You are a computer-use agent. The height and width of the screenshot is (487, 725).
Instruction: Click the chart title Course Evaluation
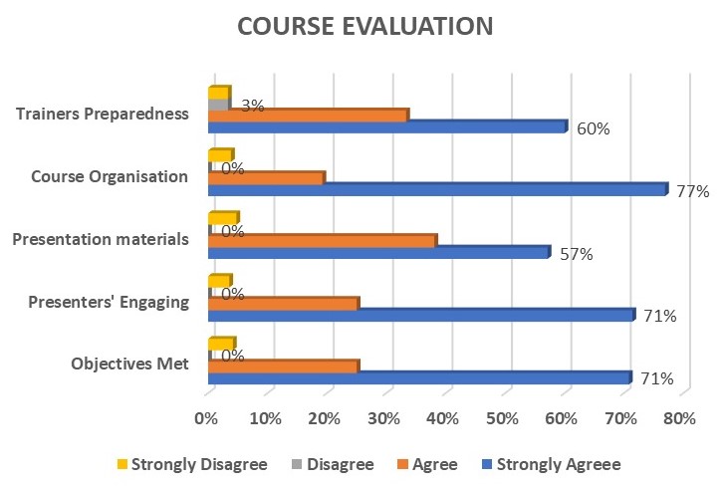tap(364, 27)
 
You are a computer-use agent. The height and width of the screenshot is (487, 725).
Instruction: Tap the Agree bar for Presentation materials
tap(321, 240)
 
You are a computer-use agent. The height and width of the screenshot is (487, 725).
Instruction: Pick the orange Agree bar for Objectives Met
tap(282, 365)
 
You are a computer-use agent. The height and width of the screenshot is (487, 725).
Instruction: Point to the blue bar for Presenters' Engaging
tap(420, 315)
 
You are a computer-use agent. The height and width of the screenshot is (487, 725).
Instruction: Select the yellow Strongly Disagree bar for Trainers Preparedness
tap(218, 93)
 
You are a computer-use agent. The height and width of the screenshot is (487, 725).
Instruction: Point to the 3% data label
tap(252, 105)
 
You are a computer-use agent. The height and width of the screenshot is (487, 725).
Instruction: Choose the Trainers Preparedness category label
tap(104, 113)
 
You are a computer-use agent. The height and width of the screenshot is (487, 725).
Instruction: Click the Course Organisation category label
tap(110, 176)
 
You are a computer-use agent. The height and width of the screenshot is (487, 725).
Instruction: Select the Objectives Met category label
tap(129, 365)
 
